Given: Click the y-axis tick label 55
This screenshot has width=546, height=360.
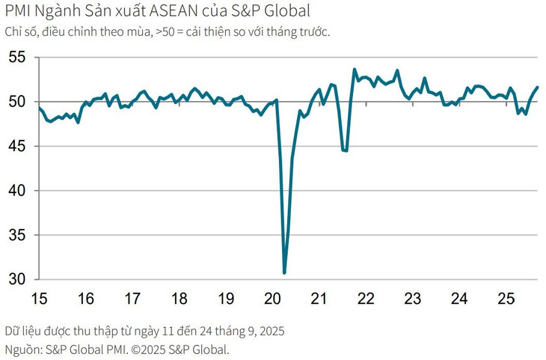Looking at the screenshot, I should pos(16,57).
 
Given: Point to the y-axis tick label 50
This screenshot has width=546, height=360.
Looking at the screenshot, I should pos(16,102).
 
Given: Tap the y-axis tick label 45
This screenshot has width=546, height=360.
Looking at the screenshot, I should pos(16,146).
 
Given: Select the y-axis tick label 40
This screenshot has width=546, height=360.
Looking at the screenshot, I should pos(16,191).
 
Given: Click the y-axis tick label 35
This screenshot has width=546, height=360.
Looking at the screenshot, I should pos(16,235).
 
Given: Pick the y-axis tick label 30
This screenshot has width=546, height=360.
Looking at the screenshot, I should pos(16,280).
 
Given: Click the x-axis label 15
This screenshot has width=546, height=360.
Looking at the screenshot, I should pos(39,299).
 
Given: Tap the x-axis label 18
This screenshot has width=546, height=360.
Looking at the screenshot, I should pos(179,299).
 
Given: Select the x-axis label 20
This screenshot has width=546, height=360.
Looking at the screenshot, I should pos(272,299).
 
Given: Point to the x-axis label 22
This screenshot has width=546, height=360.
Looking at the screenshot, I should pos(366,299).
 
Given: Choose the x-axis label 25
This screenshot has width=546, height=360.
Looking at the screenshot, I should pos(506,299).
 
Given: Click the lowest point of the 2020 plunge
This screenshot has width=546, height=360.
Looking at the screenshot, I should pos(284,273).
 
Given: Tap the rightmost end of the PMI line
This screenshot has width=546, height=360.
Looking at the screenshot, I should pos(538,88).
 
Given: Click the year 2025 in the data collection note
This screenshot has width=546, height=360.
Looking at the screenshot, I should pos(269,330).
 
